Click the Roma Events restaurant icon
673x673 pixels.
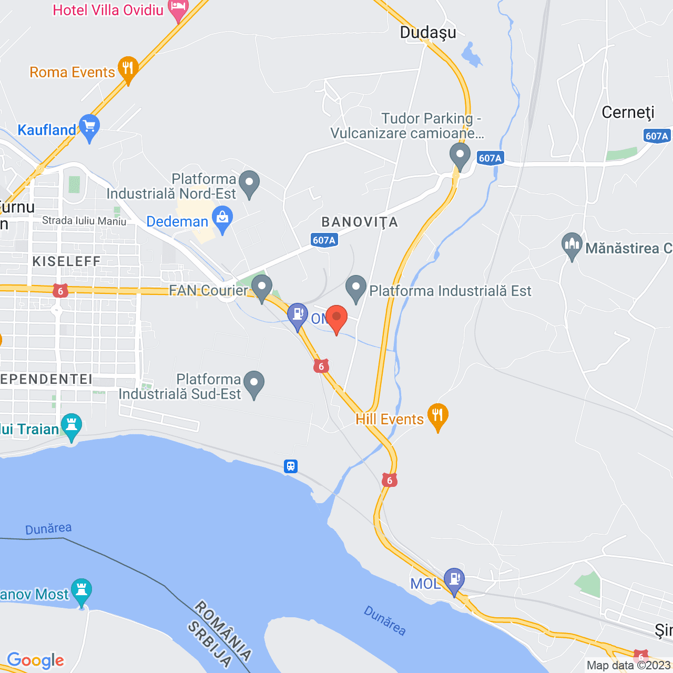pyautogui.click(x=128, y=68)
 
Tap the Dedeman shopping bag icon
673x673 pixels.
pyautogui.click(x=222, y=219)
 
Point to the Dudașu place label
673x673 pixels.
pyautogui.click(x=428, y=33)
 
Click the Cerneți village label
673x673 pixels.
pyautogui.click(x=628, y=113)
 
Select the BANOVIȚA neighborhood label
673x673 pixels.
pyautogui.click(x=360, y=222)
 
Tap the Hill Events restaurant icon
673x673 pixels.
pyautogui.click(x=437, y=416)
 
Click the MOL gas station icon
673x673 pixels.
pyautogui.click(x=454, y=580)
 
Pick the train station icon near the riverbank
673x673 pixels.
pyautogui.click(x=291, y=466)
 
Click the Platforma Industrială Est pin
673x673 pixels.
pyautogui.click(x=356, y=288)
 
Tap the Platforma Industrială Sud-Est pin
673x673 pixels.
pyautogui.click(x=254, y=383)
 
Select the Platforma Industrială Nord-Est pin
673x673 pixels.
pyautogui.click(x=249, y=183)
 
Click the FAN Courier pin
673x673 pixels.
pyautogui.click(x=261, y=287)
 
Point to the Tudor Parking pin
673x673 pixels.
pyautogui.click(x=460, y=156)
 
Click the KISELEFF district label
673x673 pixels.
pyautogui.click(x=66, y=261)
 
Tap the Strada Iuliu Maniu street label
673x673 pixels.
pyautogui.click(x=84, y=221)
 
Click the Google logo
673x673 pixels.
pyautogui.click(x=36, y=660)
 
